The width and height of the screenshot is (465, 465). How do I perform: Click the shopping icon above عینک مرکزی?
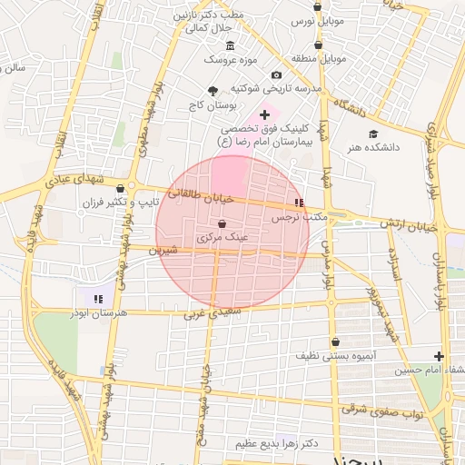[223, 223]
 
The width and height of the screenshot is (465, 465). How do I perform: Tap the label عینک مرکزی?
[223, 237]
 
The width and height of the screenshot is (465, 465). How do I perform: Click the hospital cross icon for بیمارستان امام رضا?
[264, 115]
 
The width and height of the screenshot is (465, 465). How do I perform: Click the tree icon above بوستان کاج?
[213, 91]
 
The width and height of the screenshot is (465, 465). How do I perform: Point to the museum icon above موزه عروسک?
[229, 46]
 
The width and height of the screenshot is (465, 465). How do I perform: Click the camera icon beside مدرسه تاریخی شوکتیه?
[277, 75]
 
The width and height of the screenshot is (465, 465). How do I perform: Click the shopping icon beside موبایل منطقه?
[317, 45]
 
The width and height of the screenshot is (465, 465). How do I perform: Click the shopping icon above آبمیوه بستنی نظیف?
[336, 342]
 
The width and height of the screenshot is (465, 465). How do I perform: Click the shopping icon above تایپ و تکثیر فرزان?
[120, 189]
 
